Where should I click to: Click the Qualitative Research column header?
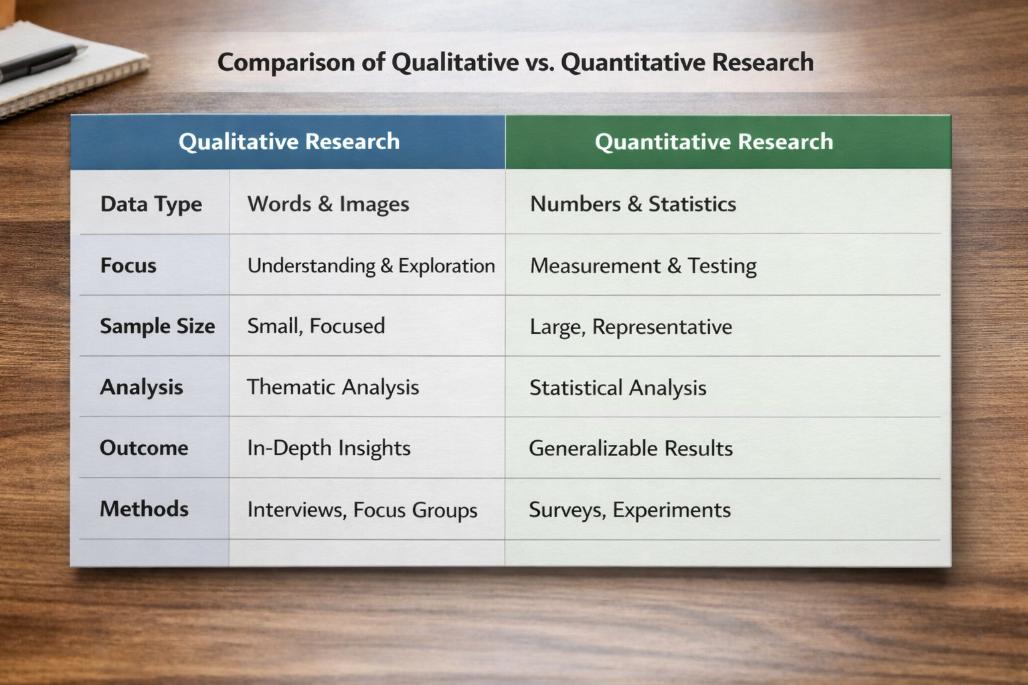288,142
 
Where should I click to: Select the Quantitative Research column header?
713,142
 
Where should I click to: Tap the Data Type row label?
151,204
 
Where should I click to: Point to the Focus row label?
128,266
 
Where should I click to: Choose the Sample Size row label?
157,326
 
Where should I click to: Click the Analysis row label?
141,387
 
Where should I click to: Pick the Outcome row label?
144,448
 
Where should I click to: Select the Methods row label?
144,509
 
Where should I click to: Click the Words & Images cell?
328,204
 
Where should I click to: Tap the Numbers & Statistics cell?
632,204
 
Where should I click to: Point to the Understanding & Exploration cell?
371,266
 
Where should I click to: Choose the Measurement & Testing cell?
642,266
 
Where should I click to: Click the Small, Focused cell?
316,326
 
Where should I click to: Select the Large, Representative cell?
630,327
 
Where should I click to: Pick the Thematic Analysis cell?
333,387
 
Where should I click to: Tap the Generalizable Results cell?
630,448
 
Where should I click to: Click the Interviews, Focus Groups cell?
362,510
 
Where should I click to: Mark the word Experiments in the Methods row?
671,510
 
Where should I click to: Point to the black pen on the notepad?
40,62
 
